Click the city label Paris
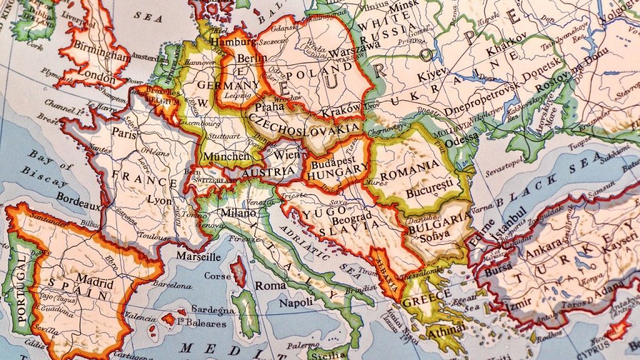coord(124,132)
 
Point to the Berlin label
coord(252,58)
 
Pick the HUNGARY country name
coord(338,168)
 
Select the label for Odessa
coord(462,137)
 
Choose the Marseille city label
coord(198,256)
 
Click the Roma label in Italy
coord(270,285)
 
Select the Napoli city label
coord(296,303)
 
